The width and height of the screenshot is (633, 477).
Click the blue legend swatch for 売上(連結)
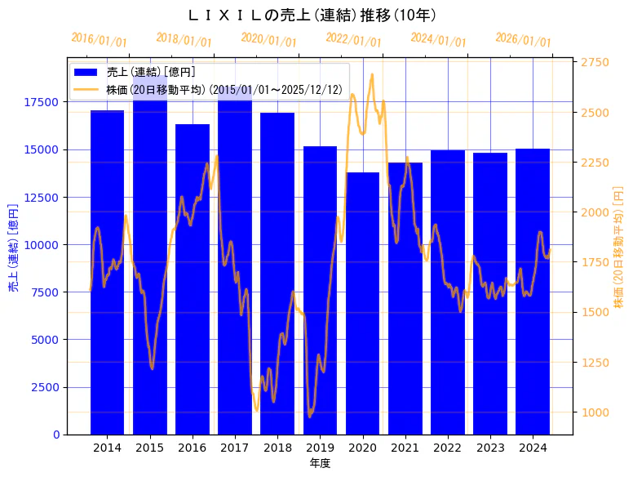[x=86, y=72]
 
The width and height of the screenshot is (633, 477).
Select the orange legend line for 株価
[x=86, y=89]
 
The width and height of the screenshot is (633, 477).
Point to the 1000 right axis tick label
[x=594, y=412]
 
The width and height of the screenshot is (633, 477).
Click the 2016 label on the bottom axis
[x=193, y=448]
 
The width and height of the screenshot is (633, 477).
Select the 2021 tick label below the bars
[x=405, y=448]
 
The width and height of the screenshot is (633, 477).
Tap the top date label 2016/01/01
[x=100, y=39]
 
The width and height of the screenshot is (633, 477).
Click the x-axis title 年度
[x=320, y=464]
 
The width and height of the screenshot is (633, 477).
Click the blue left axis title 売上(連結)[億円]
[x=12, y=245]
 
